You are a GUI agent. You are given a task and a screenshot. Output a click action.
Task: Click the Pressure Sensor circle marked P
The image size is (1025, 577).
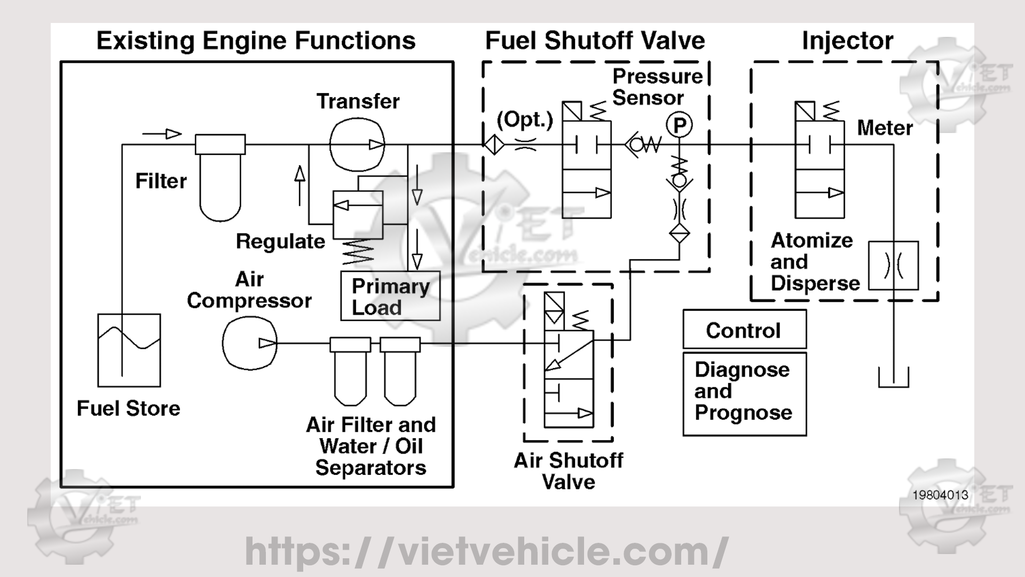click(x=679, y=126)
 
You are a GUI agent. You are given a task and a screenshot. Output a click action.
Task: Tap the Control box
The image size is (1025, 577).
click(x=744, y=330)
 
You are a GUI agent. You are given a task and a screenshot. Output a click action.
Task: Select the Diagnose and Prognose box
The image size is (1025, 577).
click(x=744, y=393)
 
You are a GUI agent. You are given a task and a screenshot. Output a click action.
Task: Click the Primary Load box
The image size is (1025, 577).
click(x=390, y=296)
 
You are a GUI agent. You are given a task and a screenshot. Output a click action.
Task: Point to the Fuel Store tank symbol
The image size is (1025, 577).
click(x=129, y=350)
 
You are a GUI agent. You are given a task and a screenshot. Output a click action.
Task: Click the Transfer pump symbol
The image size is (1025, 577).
click(x=357, y=144)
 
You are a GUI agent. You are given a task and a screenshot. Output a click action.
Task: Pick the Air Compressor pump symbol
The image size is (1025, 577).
click(x=249, y=342)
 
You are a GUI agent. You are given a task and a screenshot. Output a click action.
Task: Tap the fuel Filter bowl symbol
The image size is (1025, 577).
click(x=220, y=182)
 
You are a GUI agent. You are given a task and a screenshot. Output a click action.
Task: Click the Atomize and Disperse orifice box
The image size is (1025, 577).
click(x=893, y=266)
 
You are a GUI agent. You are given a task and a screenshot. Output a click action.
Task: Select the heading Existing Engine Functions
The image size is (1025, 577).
click(x=256, y=41)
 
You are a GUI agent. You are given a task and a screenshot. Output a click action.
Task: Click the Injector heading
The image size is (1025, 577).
click(x=847, y=41)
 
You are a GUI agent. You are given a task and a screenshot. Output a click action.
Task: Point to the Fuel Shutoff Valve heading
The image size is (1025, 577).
click(x=595, y=41)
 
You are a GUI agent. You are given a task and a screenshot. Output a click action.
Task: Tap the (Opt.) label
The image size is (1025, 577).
click(x=524, y=120)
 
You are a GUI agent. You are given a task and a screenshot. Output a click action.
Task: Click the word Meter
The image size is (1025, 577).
click(x=885, y=128)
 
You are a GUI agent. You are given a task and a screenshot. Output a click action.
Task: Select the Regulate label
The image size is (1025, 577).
click(x=280, y=241)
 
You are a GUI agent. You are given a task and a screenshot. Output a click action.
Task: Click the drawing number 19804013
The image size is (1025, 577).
click(x=940, y=495)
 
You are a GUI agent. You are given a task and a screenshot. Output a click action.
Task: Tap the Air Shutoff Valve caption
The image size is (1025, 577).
click(x=568, y=471)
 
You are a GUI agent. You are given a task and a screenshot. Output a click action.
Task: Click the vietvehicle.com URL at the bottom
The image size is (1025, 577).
click(x=486, y=551)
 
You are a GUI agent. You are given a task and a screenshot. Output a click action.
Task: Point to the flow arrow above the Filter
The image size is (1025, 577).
click(x=162, y=134)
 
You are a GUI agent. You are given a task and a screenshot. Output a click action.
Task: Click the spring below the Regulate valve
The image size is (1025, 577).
click(x=358, y=252)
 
